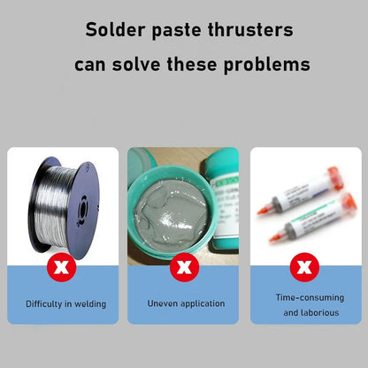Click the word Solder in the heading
115,29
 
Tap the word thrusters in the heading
250,29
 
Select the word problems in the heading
267,65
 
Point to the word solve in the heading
136,64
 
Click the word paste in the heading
176,31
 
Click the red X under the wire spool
62,267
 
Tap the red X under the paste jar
184,267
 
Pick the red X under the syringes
304,267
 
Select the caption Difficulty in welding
66,304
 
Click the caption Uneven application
186,303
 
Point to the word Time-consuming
310,298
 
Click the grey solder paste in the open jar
171,211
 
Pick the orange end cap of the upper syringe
336,179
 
